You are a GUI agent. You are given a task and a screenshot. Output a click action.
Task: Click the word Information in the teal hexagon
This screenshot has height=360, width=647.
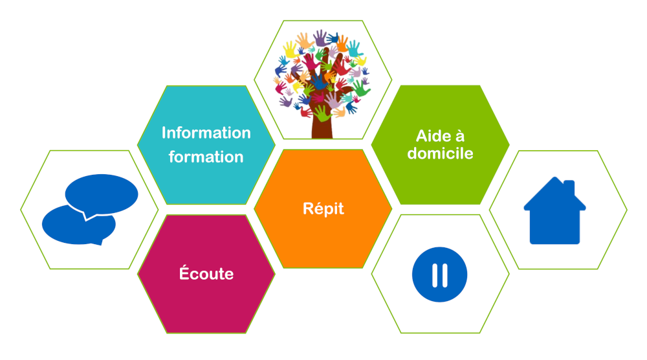206,133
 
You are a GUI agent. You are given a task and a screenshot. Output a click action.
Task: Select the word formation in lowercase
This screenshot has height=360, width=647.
206,157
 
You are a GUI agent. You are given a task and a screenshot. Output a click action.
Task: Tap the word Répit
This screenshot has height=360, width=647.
323,209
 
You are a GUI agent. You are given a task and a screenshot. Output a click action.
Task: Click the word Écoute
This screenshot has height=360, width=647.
206,273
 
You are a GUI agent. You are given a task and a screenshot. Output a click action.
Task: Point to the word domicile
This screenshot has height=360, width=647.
440,153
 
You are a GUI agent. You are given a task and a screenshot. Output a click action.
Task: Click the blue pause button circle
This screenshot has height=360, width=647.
439,275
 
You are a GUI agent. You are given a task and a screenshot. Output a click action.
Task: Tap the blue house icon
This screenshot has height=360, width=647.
554,210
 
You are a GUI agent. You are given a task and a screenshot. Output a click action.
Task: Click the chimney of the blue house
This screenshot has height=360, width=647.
569,187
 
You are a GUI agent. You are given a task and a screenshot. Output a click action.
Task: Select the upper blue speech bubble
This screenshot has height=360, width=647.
102,194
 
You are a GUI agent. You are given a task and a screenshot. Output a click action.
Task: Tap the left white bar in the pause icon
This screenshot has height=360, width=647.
435,275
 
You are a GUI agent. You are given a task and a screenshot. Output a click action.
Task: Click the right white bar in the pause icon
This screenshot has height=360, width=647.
444,275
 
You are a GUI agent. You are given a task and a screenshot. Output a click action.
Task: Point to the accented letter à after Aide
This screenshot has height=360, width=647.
459,136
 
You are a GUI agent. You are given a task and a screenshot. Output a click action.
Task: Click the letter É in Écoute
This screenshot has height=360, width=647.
184,273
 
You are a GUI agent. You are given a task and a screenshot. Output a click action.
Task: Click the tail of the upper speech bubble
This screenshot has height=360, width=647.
87,216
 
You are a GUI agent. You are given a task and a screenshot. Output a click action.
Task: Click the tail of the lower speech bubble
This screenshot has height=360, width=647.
98,242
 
